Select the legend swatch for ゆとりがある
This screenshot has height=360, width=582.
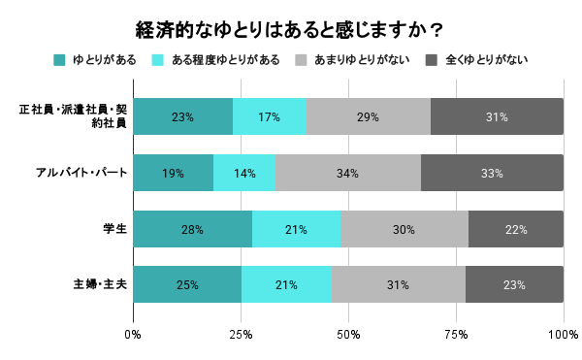[x=59, y=60]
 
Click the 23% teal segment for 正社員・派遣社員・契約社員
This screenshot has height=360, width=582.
[x=183, y=116]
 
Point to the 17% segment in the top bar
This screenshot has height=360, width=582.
[x=270, y=116]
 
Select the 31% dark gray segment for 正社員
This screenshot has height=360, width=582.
[x=497, y=116]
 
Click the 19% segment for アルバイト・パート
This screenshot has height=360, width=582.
[x=174, y=173]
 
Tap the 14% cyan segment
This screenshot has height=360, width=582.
[x=244, y=173]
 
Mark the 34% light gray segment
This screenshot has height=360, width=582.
[x=348, y=173]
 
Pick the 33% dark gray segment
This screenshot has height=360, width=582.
[x=492, y=173]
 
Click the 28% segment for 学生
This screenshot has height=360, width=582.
[x=193, y=229]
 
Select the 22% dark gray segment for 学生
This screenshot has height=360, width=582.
[x=516, y=229]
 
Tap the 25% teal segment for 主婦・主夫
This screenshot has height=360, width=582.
[x=187, y=284]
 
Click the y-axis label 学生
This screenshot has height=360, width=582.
[x=114, y=229]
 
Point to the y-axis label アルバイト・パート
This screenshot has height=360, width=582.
[x=81, y=173]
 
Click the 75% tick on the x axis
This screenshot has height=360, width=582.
[x=456, y=334]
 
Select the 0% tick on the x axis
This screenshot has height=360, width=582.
[x=134, y=334]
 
